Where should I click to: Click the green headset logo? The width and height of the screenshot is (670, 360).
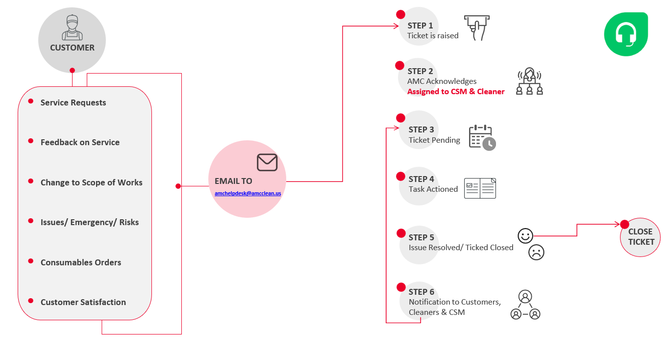click(x=625, y=34)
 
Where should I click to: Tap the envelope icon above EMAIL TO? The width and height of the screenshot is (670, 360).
click(x=267, y=162)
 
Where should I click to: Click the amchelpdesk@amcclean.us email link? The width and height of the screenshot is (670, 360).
click(x=248, y=194)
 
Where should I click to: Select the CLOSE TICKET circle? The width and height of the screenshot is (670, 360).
click(x=641, y=237)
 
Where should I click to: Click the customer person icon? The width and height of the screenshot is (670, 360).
click(x=72, y=28)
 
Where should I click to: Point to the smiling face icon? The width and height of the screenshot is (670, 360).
click(x=525, y=236)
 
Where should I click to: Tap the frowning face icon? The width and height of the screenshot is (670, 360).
click(x=536, y=252)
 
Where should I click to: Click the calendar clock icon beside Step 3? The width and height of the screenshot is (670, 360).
click(x=482, y=137)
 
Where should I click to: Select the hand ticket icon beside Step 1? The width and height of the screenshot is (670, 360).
click(x=476, y=27)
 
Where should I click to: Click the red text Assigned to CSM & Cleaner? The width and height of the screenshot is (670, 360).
click(x=456, y=92)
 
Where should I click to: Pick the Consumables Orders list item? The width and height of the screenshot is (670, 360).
click(x=81, y=262)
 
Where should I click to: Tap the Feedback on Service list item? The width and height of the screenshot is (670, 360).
click(x=80, y=142)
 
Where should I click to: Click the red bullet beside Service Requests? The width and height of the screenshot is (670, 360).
click(x=31, y=101)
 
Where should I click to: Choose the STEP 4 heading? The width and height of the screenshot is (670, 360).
click(x=421, y=179)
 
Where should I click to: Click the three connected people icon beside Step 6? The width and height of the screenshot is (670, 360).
click(x=525, y=305)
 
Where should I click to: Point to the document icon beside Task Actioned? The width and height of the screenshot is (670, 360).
click(x=480, y=188)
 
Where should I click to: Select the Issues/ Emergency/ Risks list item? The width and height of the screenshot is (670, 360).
click(x=90, y=222)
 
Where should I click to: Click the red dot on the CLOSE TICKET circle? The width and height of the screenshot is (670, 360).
click(x=624, y=225)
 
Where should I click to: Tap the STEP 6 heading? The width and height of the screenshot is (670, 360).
click(x=421, y=292)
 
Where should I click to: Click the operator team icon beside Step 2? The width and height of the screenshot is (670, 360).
click(x=529, y=81)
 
